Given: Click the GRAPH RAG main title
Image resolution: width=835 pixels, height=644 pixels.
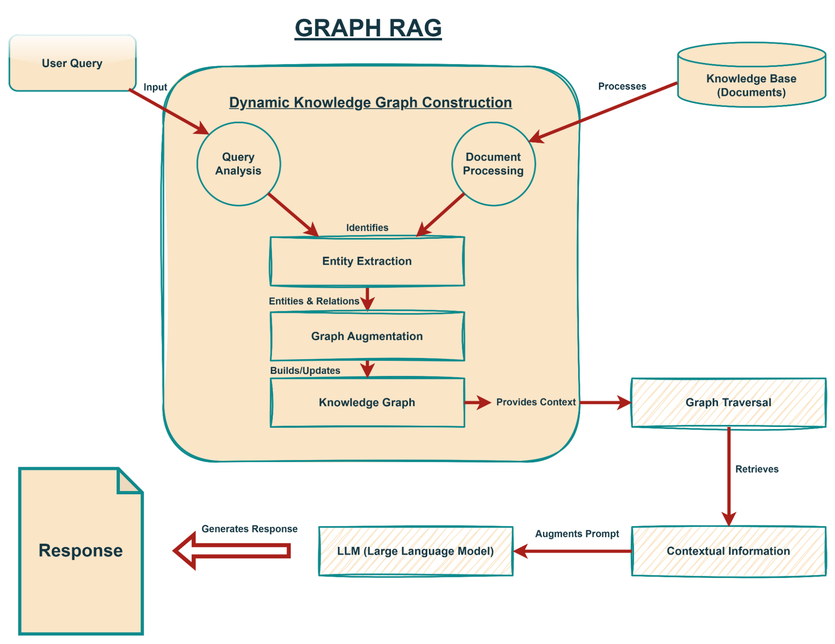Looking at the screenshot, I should [x=368, y=28].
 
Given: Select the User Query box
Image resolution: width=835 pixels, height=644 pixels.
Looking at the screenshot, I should [x=72, y=63].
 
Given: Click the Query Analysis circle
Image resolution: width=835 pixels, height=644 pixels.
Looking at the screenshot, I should [x=239, y=164].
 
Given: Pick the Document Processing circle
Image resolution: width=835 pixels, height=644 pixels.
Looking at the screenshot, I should [x=493, y=164].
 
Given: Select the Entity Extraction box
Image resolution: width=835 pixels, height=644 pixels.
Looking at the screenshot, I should [x=367, y=261].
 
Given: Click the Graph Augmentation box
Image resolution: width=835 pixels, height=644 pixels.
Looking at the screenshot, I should [x=367, y=336].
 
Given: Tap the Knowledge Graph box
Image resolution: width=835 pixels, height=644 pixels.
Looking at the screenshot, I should [x=367, y=402].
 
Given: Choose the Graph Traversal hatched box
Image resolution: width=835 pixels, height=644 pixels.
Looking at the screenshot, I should [x=728, y=402].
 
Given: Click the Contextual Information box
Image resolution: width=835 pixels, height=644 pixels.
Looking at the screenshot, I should [x=728, y=551].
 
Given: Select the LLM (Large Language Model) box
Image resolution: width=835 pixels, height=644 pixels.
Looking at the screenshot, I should [x=416, y=551].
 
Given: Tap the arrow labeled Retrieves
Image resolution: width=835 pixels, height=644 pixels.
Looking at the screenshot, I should [x=729, y=477].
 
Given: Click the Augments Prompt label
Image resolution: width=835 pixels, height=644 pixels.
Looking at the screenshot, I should [x=577, y=534].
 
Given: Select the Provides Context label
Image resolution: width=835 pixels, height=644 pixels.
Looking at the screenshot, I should [x=536, y=402].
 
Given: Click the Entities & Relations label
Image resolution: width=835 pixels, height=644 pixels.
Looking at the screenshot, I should [x=314, y=301].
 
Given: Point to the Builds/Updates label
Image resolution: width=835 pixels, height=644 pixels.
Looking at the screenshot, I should [x=305, y=371].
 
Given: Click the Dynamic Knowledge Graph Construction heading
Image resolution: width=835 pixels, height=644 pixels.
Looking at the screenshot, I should [x=371, y=102].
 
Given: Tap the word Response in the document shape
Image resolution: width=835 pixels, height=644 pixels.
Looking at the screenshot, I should [x=81, y=551].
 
